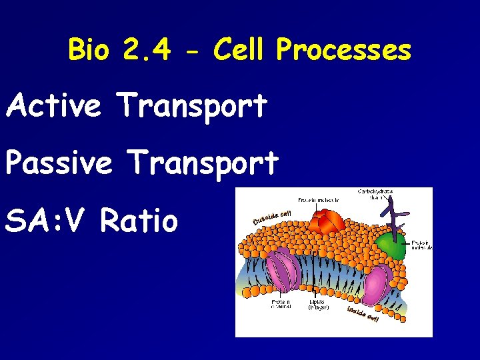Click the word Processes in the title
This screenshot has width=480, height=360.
(x=343, y=51)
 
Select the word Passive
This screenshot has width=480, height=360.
(x=59, y=162)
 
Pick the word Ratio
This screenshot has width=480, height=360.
(x=139, y=220)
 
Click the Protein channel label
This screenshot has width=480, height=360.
(x=280, y=304)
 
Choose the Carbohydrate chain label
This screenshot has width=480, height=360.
(x=375, y=194)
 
